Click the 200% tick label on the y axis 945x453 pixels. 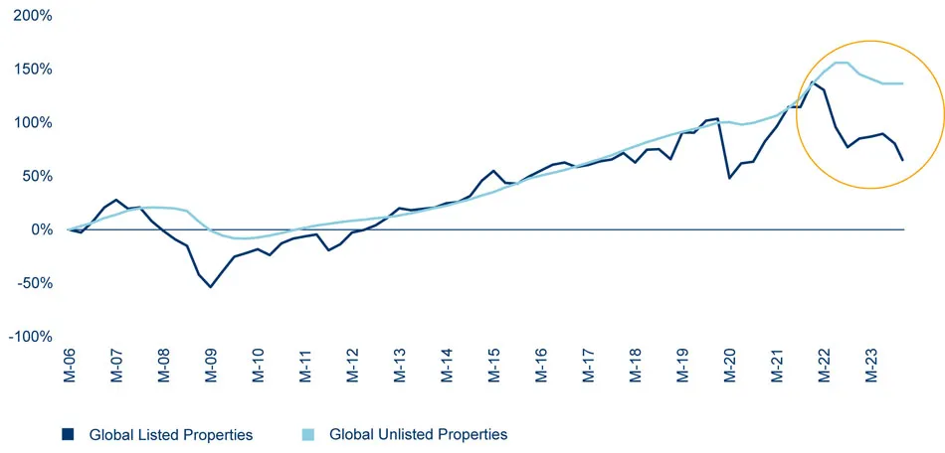(32, 17)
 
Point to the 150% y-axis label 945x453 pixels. (32, 70)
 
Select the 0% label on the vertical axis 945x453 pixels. (43, 229)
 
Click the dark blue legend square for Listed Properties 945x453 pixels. (69, 434)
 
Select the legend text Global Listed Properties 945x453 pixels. (170, 434)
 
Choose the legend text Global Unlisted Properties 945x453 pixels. (418, 434)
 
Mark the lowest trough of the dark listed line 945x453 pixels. (210, 287)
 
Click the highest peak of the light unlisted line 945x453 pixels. (842, 63)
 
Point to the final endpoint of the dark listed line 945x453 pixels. (902, 160)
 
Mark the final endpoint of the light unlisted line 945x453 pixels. (902, 83)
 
